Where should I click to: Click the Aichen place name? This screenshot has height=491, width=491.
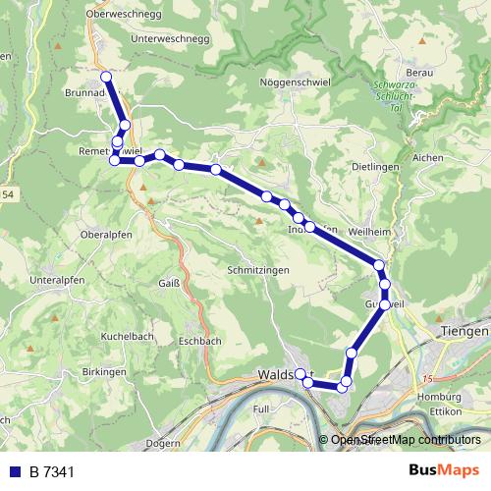[429, 157]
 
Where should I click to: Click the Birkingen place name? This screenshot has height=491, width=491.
[104, 373]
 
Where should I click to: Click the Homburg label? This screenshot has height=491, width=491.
[439, 397]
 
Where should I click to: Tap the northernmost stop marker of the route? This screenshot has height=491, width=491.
[106, 77]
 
